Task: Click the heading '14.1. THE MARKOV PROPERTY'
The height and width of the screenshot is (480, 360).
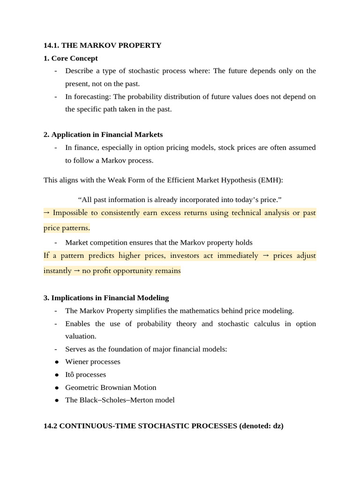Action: click(102, 45)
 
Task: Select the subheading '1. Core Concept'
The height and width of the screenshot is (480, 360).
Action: click(71, 59)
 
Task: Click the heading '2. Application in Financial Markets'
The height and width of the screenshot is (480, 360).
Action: click(103, 135)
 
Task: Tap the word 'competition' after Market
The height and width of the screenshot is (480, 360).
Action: click(107, 242)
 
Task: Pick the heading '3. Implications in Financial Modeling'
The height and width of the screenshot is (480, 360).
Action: click(106, 298)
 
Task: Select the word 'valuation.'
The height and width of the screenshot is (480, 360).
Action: click(81, 336)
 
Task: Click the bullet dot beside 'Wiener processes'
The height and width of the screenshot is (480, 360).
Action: click(57, 362)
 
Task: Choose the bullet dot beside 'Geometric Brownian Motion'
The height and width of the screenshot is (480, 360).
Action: click(57, 388)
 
